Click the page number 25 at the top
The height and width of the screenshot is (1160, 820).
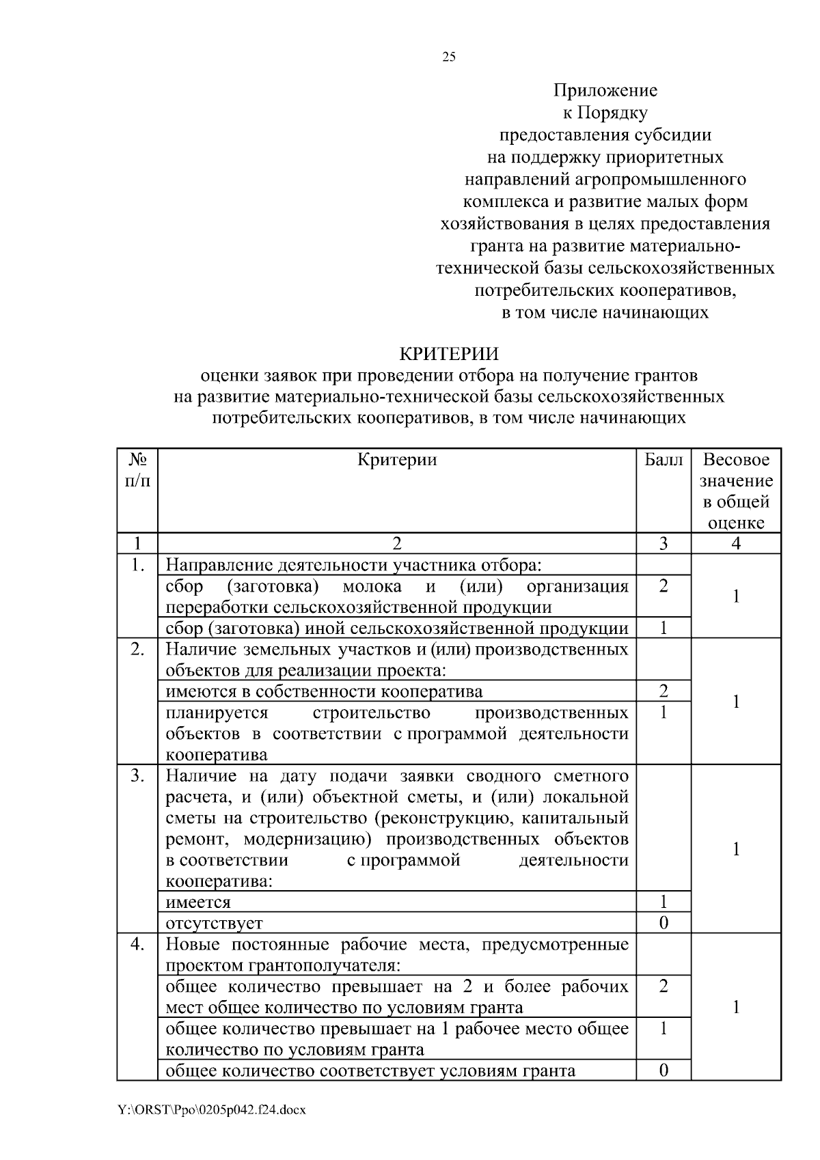coord(449,57)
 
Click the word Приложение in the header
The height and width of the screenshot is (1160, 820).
coord(605,91)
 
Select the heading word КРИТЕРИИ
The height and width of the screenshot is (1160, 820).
coord(449,354)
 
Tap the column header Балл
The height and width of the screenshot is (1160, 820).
coord(663,460)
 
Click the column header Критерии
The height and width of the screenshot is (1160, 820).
coord(397,460)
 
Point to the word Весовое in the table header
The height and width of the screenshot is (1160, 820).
coord(736,460)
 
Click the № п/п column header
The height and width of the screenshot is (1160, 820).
coord(137,470)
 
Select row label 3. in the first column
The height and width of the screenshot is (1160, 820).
coord(137,776)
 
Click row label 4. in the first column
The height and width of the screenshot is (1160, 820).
coord(137,944)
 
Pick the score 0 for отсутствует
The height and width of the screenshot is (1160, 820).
coord(663,923)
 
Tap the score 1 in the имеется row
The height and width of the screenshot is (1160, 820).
coord(663,902)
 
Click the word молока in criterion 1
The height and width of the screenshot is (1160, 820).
coord(372,587)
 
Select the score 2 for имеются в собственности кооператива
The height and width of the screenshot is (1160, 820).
coord(663,691)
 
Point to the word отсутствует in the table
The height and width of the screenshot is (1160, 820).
coord(214,924)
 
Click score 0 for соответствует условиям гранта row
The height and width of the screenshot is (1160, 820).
coord(663,1071)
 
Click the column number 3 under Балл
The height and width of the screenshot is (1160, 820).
coord(663,544)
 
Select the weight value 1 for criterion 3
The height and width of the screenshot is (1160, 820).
coord(736,849)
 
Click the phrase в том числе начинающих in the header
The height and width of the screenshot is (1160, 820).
coord(605,313)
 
